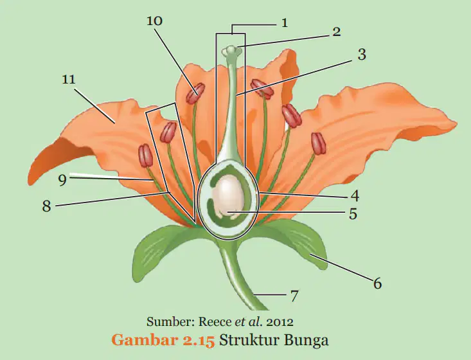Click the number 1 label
coord(285,23)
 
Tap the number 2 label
coord(337,32)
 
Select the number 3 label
coord(362,55)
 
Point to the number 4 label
coord(355,195)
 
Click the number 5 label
coord(353,214)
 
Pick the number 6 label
coord(378,283)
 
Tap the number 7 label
coord(294,296)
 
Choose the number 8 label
coord(46,206)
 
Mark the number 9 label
coord(62,180)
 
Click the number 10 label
coord(155,21)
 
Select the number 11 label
coord(69,79)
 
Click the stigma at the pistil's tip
coord(231,51)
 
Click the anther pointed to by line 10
coord(195,93)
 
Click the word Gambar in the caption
coord(143,341)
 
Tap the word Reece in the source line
coord(215,322)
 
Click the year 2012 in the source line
coord(280,322)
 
